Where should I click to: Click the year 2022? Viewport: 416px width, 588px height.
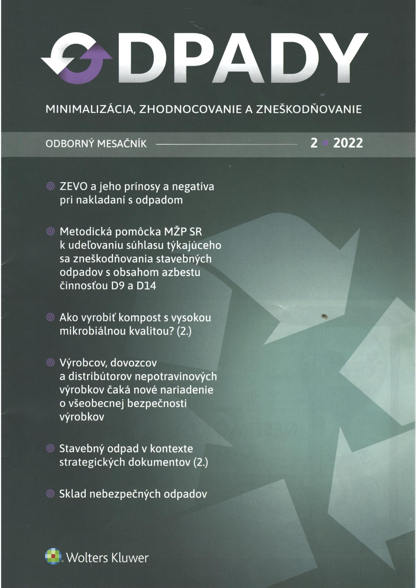(348, 143)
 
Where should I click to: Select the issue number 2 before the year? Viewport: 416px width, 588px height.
(314, 143)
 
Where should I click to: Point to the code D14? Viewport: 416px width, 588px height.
(146, 286)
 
